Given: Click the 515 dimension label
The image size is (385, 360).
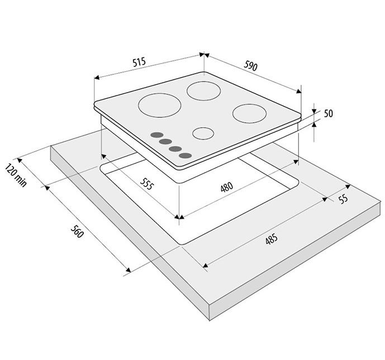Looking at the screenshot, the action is pos(139,62).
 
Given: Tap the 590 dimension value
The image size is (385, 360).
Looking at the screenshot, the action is pos(251,66).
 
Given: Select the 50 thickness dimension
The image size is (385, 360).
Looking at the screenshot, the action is pos(329,113).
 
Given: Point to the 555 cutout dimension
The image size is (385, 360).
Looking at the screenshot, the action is pos(146,184).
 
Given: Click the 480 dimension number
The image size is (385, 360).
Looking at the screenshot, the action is pos(227,187).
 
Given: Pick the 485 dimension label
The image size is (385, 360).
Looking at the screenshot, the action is pos(272,239).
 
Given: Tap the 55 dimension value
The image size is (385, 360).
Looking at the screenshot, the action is pos(343,198).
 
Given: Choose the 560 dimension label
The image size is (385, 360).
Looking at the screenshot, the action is pos(77,231).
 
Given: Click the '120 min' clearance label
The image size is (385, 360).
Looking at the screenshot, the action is pos(16,175).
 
